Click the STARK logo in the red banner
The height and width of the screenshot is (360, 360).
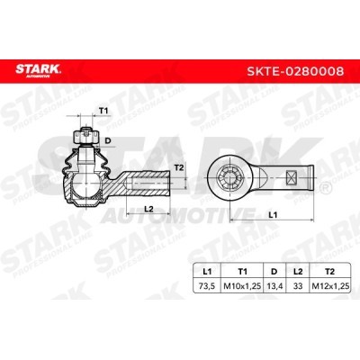pos(38,70)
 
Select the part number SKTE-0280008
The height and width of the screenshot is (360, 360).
pos(295,71)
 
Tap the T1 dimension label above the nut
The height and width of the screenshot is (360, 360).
pos(103,111)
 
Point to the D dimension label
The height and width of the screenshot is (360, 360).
pos(107,140)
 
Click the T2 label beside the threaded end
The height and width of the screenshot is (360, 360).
pos(178,167)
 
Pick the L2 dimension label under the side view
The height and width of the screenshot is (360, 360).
pos(148,209)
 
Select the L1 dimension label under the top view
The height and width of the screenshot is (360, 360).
pos(273,215)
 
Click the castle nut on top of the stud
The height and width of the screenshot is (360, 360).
pos(86,137)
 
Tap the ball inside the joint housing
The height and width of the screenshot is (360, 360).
pos(86,184)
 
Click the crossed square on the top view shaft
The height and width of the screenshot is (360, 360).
pos(292,176)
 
